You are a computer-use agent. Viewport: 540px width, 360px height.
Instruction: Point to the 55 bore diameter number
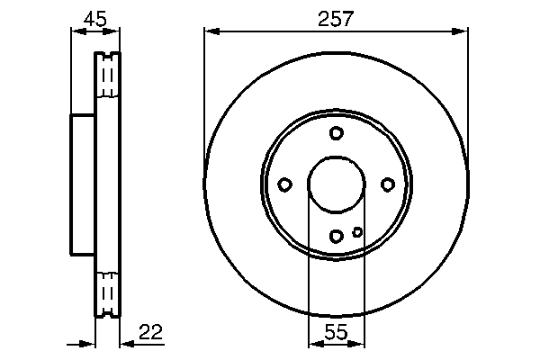pyautogui.click(x=337, y=332)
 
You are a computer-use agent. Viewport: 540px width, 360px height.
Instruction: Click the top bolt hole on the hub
pyautogui.click(x=337, y=133)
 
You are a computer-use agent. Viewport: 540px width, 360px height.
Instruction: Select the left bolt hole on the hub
pyautogui.click(x=284, y=184)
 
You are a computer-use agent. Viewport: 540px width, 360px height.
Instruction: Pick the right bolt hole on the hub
pyautogui.click(x=388, y=184)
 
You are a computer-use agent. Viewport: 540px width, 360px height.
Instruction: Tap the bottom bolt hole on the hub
pyautogui.click(x=337, y=237)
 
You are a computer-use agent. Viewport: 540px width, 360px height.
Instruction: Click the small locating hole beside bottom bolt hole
pyautogui.click(x=357, y=232)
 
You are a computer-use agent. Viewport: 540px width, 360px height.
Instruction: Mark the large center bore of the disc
pyautogui.click(x=337, y=184)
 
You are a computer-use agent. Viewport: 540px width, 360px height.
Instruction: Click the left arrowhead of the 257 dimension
pyautogui.click(x=211, y=32)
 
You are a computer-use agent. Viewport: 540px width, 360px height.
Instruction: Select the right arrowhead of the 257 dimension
pyautogui.click(x=463, y=32)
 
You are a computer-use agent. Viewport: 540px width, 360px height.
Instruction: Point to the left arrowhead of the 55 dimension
pyautogui.click(x=314, y=343)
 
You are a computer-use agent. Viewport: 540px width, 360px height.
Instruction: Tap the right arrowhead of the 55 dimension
pyautogui.click(x=359, y=343)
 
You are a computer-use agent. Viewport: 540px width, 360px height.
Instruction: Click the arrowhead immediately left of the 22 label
pyautogui.click(x=125, y=343)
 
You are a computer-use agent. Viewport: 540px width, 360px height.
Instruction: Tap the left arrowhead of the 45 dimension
pyautogui.click(x=75, y=32)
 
